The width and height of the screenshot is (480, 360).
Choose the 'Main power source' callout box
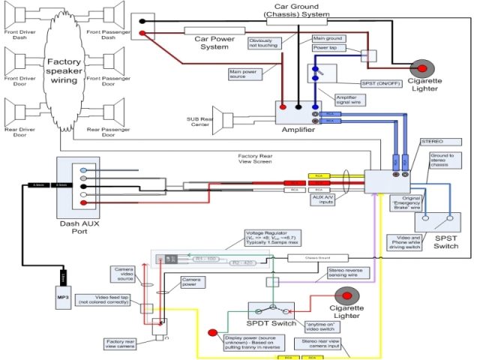pyautogui.click(x=247, y=73)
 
